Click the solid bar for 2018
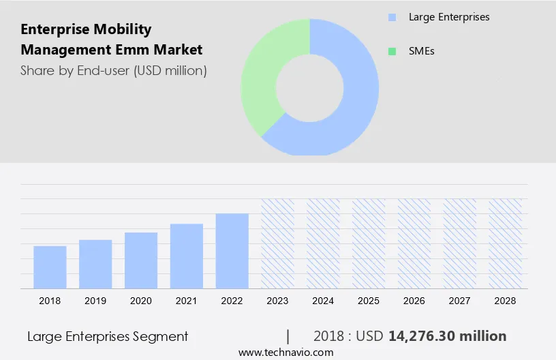50,267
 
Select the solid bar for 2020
141,260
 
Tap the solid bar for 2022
232,251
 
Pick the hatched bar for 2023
278,243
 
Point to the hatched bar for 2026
414,243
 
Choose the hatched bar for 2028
506,243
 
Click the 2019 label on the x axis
95,301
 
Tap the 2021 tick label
187,301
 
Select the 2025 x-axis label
369,301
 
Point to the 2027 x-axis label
460,301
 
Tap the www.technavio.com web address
286,352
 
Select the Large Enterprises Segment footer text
108,336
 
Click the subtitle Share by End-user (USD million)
114,70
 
